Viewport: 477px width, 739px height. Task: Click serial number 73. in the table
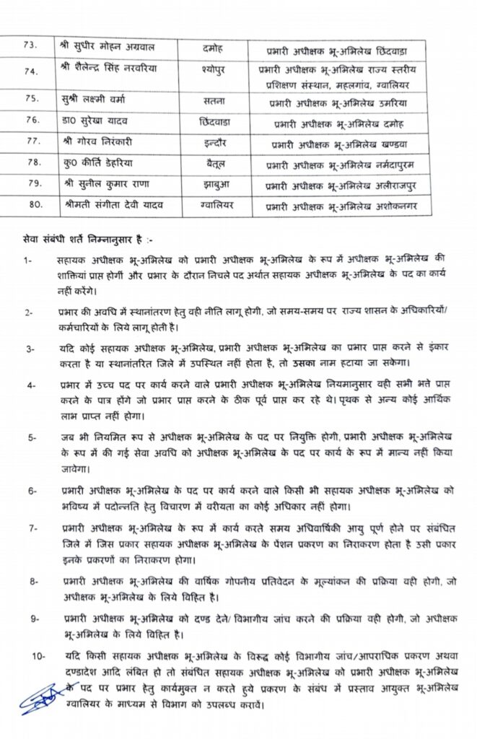tap(30, 46)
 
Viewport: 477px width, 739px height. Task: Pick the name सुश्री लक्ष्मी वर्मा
tap(98, 98)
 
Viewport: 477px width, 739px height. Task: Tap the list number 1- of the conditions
tap(27, 262)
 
